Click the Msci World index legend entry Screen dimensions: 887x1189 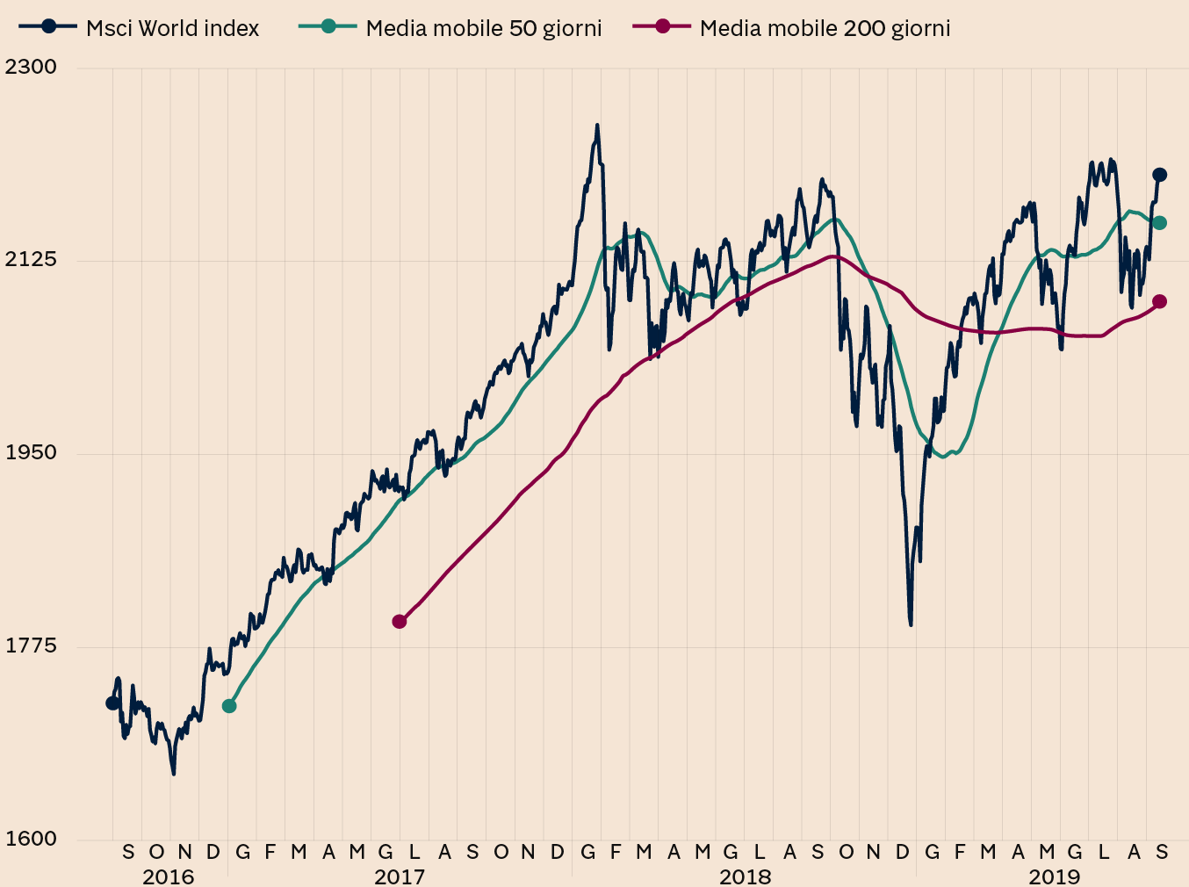pos(141,28)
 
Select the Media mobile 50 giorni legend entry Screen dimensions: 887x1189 pos(451,28)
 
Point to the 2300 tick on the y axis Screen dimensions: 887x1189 pos(31,67)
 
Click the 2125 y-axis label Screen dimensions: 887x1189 pos(31,259)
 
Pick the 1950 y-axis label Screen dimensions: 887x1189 pos(31,452)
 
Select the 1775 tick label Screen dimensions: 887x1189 pos(31,645)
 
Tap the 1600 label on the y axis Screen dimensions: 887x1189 pos(31,838)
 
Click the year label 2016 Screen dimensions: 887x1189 pos(168,876)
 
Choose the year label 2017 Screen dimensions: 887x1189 pos(400,876)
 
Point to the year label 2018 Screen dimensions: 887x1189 pos(745,876)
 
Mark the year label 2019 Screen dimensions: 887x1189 pos(1055,876)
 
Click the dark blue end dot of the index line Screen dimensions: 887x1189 pos(1159,175)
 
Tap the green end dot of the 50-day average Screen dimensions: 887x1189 pos(1159,223)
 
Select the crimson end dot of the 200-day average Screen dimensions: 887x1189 pos(1159,302)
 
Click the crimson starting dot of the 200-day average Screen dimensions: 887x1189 pos(400,622)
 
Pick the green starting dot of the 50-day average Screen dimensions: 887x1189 pos(229,706)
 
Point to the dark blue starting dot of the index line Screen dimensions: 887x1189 pos(112,703)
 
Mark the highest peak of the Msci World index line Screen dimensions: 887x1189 pos(597,126)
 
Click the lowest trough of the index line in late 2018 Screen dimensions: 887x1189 pos(911,624)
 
